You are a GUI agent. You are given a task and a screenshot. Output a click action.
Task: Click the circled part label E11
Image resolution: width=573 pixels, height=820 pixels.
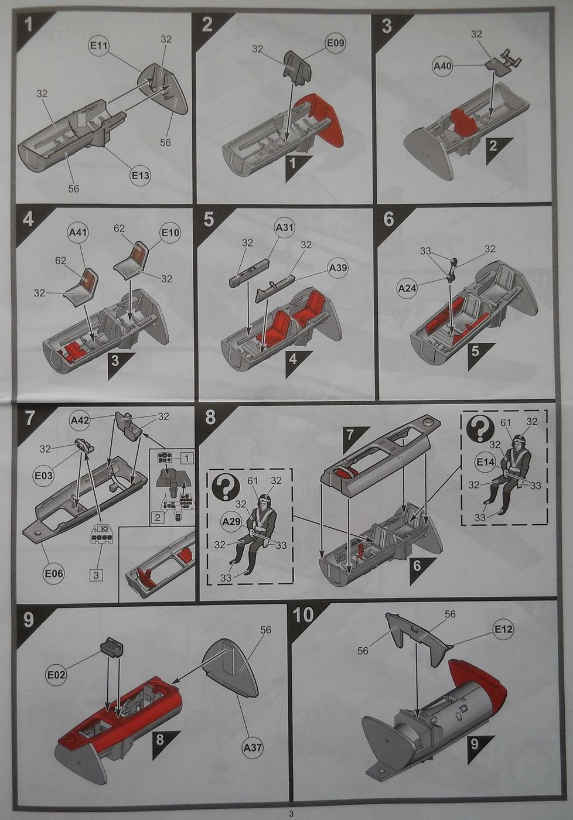click(98, 46)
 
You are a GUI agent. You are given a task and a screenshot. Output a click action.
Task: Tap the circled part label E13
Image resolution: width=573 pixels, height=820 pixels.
click(141, 176)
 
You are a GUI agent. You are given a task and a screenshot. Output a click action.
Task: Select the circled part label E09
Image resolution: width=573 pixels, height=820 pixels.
click(335, 43)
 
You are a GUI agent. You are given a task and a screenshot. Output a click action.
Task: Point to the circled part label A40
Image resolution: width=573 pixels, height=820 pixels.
click(443, 66)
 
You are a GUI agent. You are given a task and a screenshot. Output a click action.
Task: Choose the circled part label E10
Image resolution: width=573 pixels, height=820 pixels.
click(170, 233)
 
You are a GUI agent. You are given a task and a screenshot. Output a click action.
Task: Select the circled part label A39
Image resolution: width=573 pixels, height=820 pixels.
click(337, 268)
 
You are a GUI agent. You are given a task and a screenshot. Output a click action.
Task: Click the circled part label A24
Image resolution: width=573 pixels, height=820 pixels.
click(407, 288)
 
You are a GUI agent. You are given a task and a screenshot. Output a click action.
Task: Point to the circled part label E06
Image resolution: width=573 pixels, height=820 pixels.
click(54, 573)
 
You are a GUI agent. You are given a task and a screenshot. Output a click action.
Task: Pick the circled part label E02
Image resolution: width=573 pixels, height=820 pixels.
click(56, 675)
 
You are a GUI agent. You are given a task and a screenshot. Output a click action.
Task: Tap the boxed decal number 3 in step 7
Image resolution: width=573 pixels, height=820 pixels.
click(96, 575)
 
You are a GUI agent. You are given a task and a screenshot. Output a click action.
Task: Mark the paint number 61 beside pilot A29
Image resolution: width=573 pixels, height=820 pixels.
click(253, 481)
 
